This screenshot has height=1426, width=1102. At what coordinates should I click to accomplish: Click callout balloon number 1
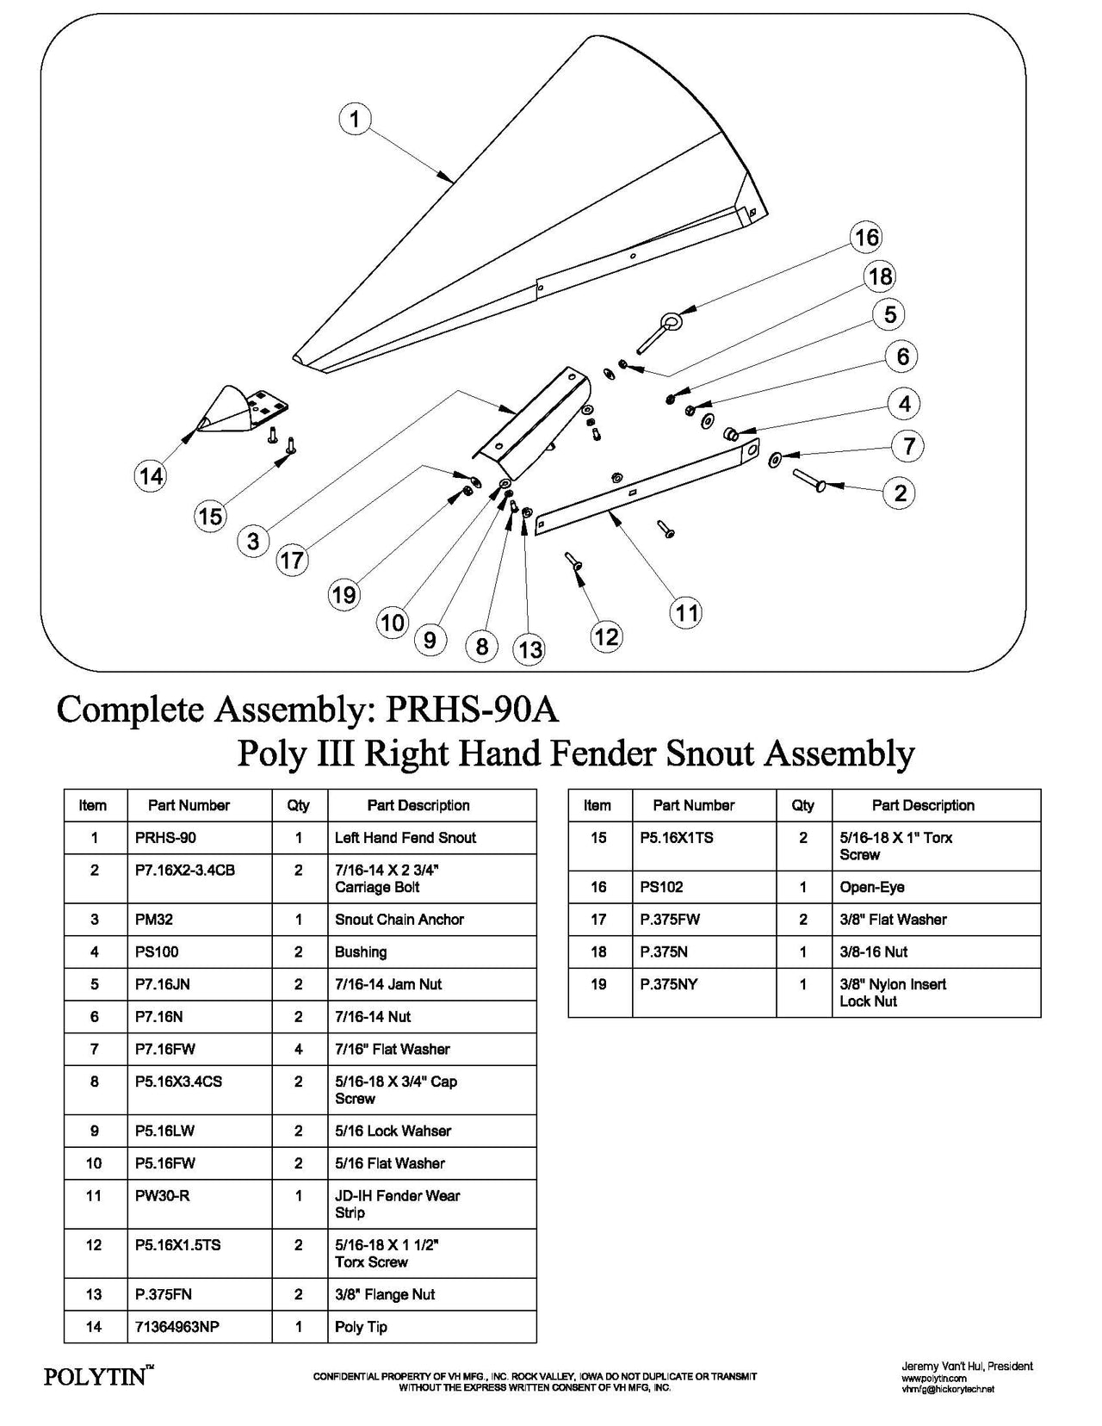click(x=355, y=118)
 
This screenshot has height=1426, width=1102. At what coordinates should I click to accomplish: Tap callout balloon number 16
click(x=866, y=238)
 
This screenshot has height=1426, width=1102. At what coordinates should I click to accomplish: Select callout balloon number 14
click(x=152, y=475)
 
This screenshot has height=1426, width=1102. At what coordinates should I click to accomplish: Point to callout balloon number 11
click(x=685, y=612)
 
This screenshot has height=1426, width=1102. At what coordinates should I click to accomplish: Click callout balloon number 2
click(x=901, y=493)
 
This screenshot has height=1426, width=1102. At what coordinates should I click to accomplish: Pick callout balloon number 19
click(x=344, y=594)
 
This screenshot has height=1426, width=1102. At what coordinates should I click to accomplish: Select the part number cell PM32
click(x=154, y=920)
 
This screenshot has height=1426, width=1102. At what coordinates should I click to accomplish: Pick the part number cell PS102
click(x=659, y=887)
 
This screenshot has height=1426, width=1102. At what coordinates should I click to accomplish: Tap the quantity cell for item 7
click(x=299, y=1049)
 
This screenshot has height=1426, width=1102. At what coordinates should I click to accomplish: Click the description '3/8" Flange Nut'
click(x=385, y=1294)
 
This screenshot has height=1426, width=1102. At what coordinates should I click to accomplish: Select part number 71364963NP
click(x=177, y=1327)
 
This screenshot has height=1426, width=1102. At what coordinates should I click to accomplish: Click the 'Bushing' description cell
click(x=361, y=952)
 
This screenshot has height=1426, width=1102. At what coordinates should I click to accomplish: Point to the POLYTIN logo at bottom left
click(x=96, y=1377)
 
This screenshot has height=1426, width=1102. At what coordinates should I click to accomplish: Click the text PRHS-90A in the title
click(x=473, y=710)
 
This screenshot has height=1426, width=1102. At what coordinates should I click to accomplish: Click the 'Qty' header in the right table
click(x=802, y=805)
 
